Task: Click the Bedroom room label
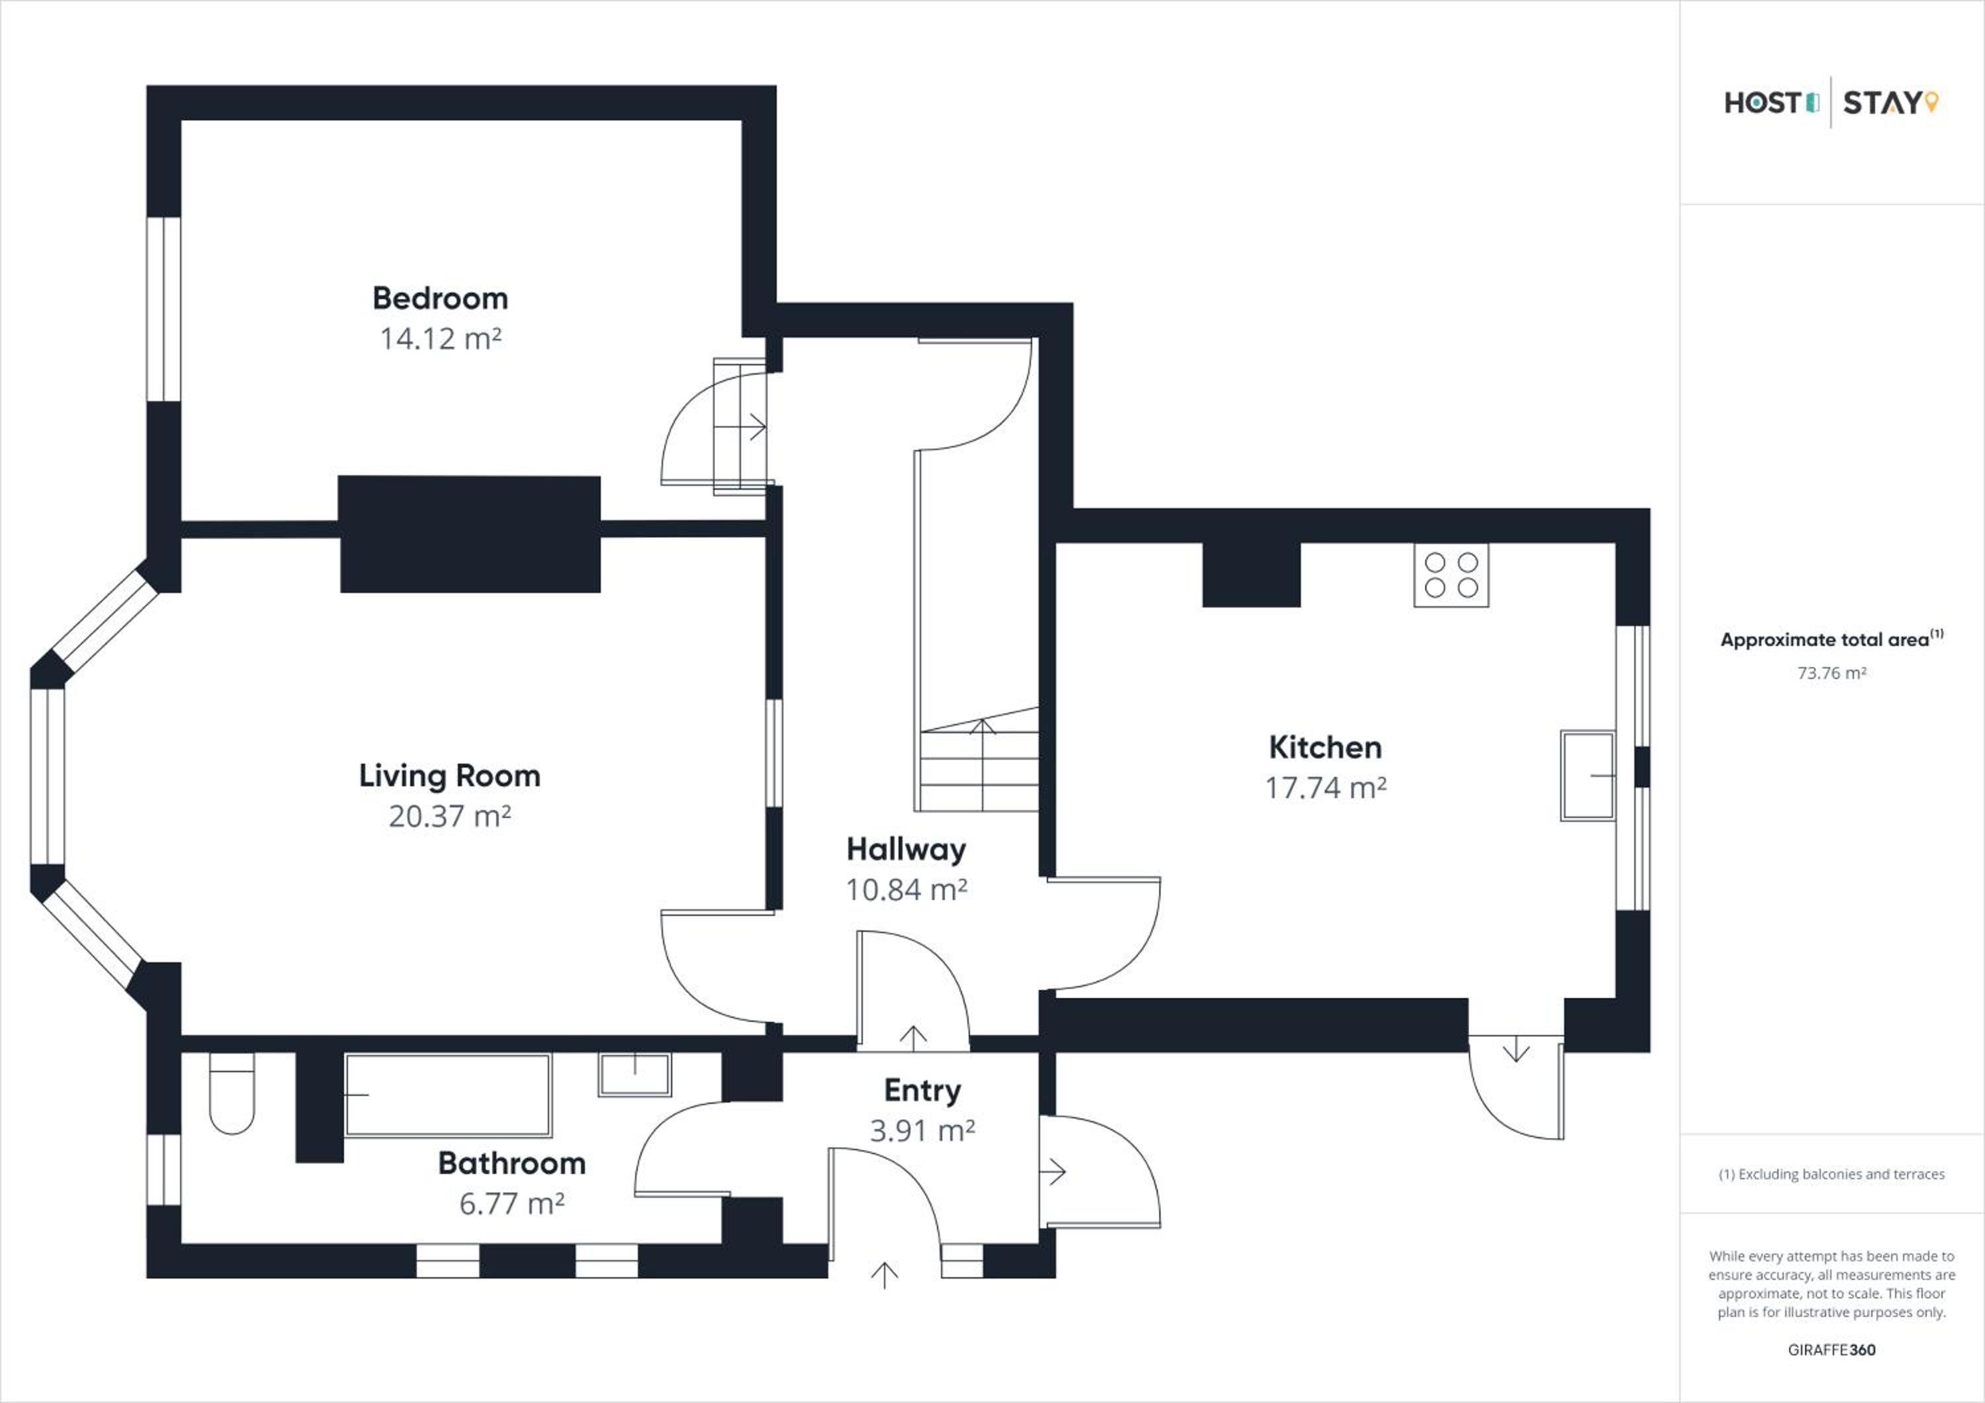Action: point(440,298)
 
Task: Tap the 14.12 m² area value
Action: point(441,338)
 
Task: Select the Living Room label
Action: point(449,776)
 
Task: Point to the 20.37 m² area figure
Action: point(449,816)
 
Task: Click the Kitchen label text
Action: point(1325,747)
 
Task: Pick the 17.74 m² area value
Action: point(1326,788)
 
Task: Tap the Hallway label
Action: point(906,850)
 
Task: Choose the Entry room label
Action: point(922,1091)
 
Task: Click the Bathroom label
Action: point(512,1163)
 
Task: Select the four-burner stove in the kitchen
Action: point(1452,575)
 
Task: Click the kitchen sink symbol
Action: point(1587,776)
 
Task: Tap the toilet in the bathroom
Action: point(232,1093)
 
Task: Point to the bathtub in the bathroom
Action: point(448,1095)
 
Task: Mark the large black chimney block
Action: point(469,534)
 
